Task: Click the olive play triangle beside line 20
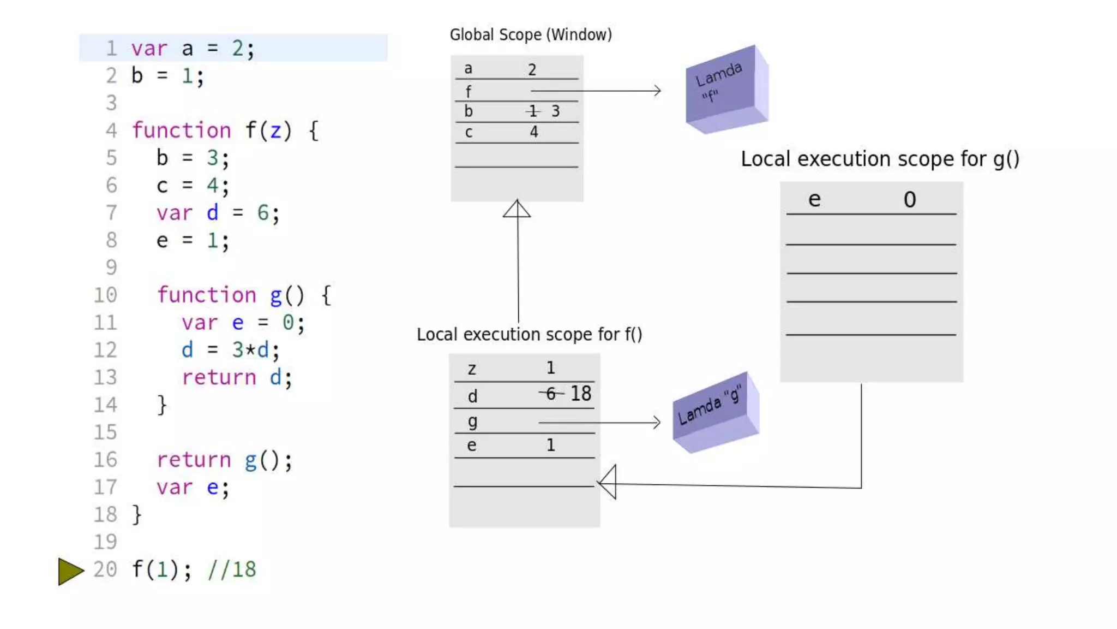[70, 571]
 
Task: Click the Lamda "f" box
[726, 90]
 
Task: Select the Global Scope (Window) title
[530, 35]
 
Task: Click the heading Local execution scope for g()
[879, 159]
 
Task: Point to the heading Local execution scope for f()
[529, 334]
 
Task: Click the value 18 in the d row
[580, 394]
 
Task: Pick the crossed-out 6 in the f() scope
[550, 393]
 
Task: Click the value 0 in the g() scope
[909, 200]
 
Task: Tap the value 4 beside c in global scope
[534, 132]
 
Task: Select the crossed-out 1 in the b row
[533, 111]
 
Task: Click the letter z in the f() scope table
[472, 370]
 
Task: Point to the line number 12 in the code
[105, 350]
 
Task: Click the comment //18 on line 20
[232, 569]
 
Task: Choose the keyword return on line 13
[219, 377]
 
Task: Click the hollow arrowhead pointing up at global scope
[517, 209]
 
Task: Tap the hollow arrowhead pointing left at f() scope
[608, 482]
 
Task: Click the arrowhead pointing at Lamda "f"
[657, 91]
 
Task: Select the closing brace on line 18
[137, 515]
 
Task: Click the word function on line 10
[207, 295]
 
